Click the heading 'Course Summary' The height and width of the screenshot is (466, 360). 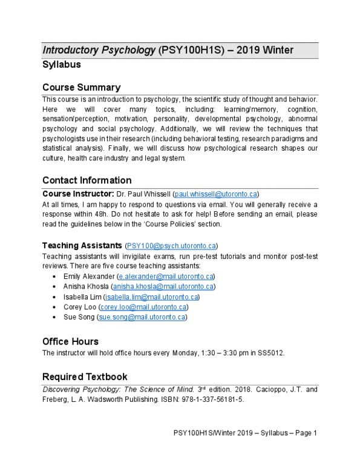[x=81, y=87]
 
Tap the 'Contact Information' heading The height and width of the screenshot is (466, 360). [x=87, y=180]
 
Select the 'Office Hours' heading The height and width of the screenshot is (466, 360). [x=70, y=341]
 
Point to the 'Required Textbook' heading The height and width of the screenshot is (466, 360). [x=85, y=376]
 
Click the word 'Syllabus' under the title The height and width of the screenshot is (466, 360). [x=61, y=64]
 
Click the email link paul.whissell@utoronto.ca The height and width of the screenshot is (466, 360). [x=215, y=194]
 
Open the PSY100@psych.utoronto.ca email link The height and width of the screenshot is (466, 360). [x=171, y=246]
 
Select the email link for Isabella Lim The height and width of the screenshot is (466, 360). [x=151, y=297]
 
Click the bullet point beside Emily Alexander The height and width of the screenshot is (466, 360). [x=55, y=277]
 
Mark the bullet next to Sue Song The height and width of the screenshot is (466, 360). [x=55, y=317]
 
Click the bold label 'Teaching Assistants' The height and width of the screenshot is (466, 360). [x=82, y=246]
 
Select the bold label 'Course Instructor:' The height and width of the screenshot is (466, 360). [x=78, y=194]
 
